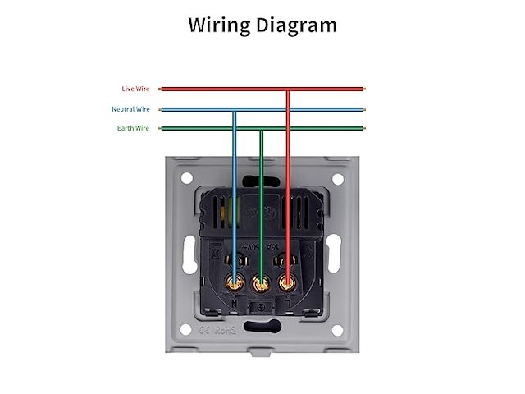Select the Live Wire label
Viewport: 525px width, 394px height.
135,89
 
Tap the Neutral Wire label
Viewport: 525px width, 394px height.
131,109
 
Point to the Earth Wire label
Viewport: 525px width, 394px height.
134,128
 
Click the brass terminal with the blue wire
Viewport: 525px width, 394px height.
235,284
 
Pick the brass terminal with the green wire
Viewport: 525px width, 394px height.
261,285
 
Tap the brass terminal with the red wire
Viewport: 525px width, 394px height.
287,284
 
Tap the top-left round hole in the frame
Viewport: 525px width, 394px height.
186,178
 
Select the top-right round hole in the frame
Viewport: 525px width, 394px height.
336,178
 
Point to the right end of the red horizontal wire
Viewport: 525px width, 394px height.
362,89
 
